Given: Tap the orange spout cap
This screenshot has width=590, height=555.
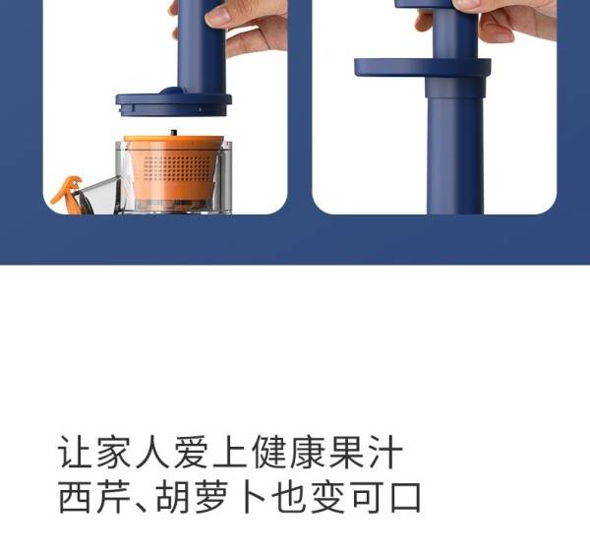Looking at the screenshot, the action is (67, 190).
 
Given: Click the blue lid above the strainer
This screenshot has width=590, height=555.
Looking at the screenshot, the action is (173, 101).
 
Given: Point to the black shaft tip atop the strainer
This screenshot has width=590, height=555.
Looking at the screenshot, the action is (173, 133).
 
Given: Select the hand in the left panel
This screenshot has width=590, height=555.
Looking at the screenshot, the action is (233, 27).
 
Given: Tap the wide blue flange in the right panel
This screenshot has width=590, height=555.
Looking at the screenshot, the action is (423, 68).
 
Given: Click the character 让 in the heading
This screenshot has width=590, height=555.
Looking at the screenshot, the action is (76, 452).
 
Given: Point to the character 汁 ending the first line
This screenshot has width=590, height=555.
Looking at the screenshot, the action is (384, 452).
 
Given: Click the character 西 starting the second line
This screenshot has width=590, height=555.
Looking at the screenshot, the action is (76, 497).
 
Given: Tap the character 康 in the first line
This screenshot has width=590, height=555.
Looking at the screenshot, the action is (307, 452).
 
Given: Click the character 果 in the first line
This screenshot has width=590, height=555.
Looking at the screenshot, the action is (345, 452).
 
